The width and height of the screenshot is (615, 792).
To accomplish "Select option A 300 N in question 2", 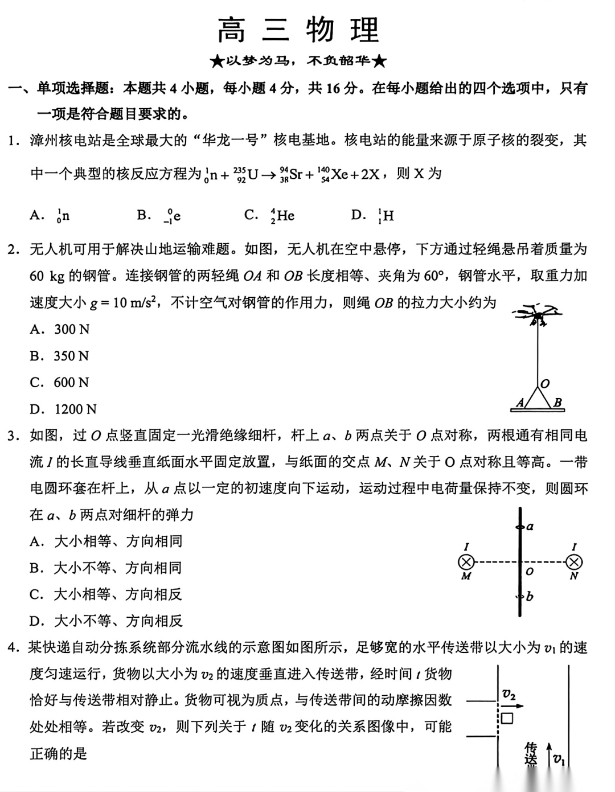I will point(60,330).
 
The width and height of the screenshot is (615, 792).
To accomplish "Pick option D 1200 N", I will point(63,409).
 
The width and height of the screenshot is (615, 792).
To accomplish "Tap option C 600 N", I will point(60,383).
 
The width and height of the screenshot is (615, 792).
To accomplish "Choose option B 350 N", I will point(60,356).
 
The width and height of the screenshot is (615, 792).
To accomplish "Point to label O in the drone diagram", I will point(545,384).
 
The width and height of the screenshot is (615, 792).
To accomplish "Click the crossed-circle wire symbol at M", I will point(466,563).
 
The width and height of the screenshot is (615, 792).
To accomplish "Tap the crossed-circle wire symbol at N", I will point(573,563).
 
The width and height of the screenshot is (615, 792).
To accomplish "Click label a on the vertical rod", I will point(530,527).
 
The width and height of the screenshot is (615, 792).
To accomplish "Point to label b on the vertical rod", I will point(530,597).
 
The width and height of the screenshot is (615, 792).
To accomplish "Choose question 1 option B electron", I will point(159,215).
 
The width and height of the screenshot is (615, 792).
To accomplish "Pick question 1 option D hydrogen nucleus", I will point(373,215).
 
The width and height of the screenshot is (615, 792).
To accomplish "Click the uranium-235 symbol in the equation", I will point(246,174).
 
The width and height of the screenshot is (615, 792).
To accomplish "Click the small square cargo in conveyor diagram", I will point(506,719).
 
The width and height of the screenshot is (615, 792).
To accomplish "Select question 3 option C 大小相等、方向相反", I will point(106,594).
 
